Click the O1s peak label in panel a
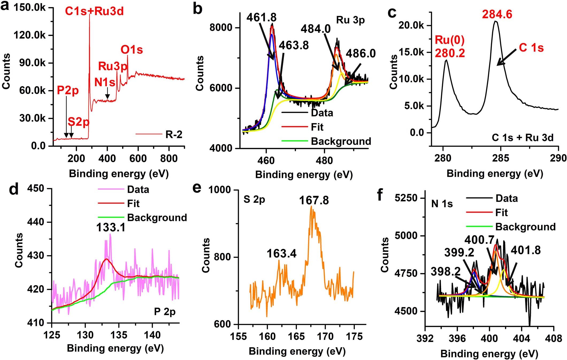[132, 50]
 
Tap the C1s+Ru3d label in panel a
[94, 12]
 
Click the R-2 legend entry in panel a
[174, 134]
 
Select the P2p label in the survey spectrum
[68, 90]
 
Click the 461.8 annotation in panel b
[261, 18]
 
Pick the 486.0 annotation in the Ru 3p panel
[361, 54]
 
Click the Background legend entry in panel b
[341, 141]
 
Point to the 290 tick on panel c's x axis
[558, 158]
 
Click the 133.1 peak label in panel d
[111, 228]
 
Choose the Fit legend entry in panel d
[133, 204]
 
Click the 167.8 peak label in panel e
[314, 200]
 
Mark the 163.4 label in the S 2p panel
[281, 253]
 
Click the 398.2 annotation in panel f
[445, 272]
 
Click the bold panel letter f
[380, 195]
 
